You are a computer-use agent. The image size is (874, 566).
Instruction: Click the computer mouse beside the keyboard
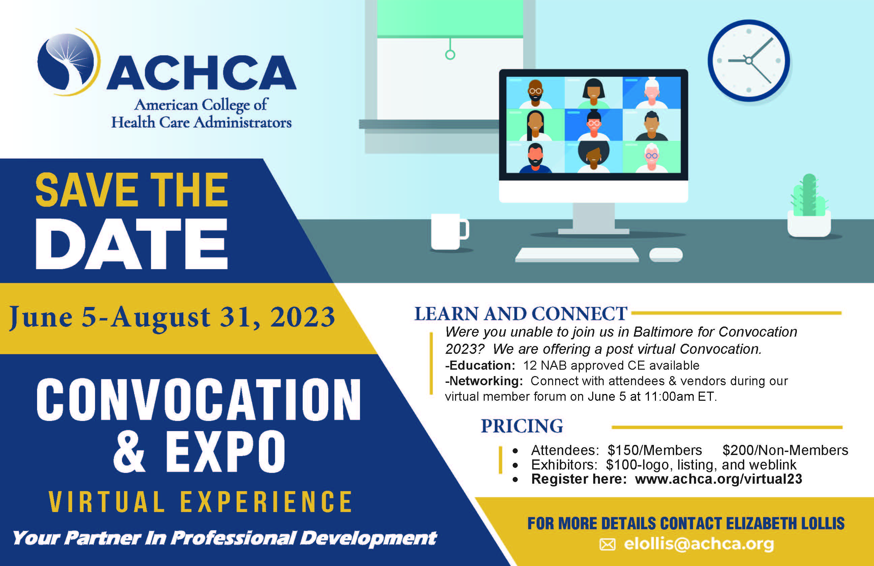click(666, 255)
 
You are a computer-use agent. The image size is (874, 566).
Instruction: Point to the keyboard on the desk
click(577, 255)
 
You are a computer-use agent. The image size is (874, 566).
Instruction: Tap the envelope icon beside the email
click(607, 544)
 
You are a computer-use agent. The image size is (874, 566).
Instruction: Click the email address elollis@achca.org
click(699, 544)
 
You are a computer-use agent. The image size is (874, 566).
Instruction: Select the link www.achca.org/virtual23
click(718, 479)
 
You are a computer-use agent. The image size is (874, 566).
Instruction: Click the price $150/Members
click(654, 450)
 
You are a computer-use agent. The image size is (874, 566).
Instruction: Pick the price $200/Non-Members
click(785, 450)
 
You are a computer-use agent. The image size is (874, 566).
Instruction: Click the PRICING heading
click(522, 426)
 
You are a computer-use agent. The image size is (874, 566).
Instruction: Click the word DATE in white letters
click(132, 244)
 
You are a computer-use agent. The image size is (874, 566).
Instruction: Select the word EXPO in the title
click(225, 452)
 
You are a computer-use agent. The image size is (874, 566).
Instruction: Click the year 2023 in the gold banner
click(303, 317)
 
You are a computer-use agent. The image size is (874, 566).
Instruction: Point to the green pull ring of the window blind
click(450, 55)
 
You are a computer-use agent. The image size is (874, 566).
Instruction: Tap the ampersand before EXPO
click(130, 452)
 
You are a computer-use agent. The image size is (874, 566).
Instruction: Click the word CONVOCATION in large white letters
click(198, 399)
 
